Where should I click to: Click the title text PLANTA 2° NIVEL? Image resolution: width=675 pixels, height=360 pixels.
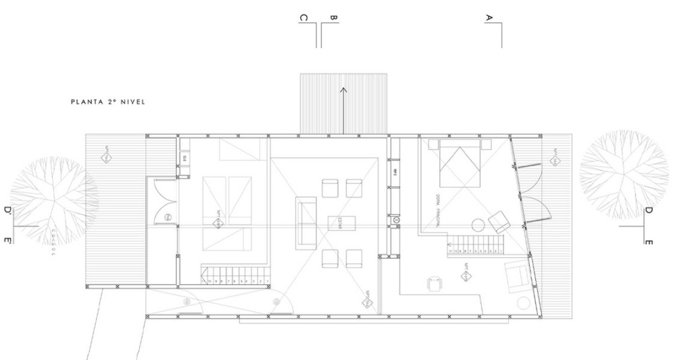pyautogui.click(x=108, y=102)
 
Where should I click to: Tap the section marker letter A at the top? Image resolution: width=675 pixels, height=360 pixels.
pyautogui.click(x=489, y=18)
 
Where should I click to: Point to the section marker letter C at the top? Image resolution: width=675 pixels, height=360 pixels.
pyautogui.click(x=304, y=18)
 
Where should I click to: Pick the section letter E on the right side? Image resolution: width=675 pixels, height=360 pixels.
pyautogui.click(x=648, y=241)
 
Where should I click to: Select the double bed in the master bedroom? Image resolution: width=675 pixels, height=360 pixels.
pyautogui.click(x=460, y=163)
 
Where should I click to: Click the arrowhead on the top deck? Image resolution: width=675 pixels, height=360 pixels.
pyautogui.click(x=344, y=90)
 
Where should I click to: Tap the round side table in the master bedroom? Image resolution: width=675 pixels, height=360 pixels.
pyautogui.click(x=478, y=226)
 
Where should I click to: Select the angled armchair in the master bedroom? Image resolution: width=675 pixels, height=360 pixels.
pyautogui.click(x=499, y=223)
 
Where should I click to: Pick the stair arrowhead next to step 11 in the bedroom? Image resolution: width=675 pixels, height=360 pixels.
pyautogui.click(x=449, y=245)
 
